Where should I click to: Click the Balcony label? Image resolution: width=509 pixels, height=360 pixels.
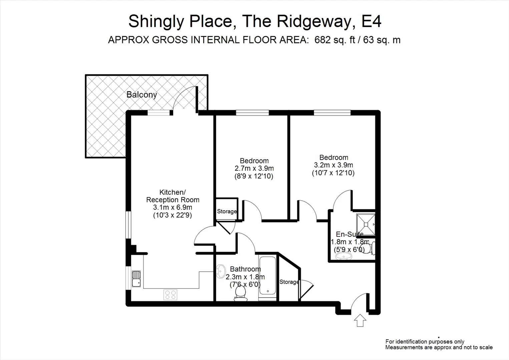click(141, 95)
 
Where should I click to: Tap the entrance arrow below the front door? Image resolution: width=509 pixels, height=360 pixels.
click(360, 321)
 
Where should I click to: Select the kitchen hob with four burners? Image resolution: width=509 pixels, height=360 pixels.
click(170, 295)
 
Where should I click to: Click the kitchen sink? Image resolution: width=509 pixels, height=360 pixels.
click(136, 279)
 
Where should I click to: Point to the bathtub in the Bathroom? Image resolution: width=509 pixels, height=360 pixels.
click(268, 275)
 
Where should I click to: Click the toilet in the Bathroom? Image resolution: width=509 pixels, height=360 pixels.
click(240, 293)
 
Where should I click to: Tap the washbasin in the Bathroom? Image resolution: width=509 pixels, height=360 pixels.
click(221, 271)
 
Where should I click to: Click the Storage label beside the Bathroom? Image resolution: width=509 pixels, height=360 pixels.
click(289, 282)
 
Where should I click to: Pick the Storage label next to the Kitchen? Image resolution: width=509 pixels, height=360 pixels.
click(227, 211)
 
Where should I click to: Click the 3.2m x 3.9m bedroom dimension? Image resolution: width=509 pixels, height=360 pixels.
click(333, 165)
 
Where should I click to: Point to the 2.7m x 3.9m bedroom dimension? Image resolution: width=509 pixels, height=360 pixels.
click(254, 168)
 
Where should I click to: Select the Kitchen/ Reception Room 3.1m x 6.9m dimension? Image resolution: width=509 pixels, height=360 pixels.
click(172, 207)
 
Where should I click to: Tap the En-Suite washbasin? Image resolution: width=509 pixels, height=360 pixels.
click(343, 256)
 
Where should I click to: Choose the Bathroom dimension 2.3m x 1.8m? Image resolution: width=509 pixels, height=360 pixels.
click(245, 277)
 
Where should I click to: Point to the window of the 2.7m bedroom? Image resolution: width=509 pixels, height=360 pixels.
click(252, 113)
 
